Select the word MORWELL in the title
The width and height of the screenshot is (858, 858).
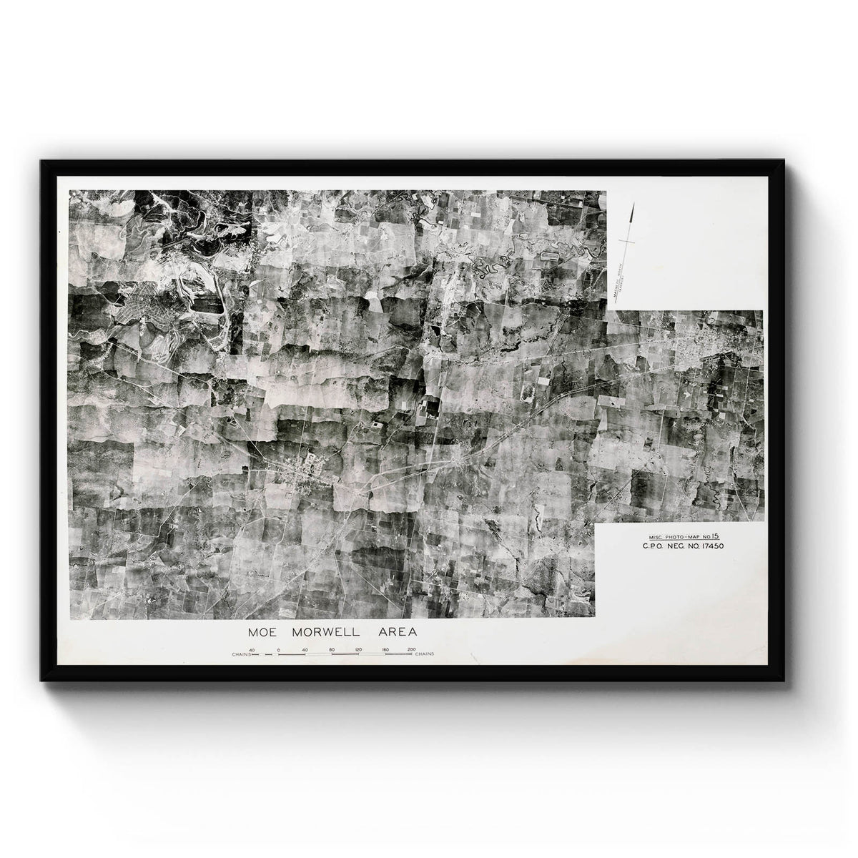[325, 632]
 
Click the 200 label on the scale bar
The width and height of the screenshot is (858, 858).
[411, 649]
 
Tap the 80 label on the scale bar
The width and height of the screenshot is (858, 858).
[332, 649]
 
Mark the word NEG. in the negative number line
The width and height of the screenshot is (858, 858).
[675, 547]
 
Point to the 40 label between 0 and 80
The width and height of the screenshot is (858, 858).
[305, 649]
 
